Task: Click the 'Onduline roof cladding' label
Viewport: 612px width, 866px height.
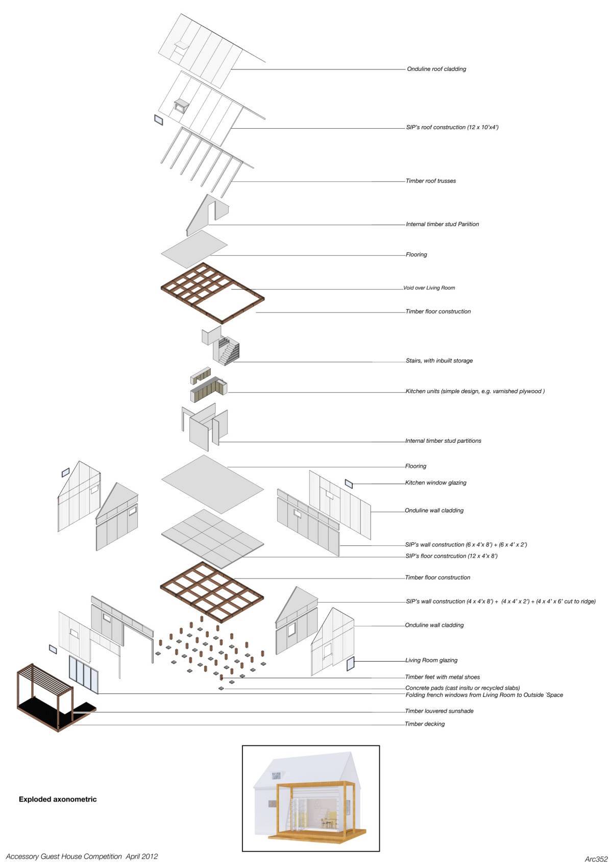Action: click(436, 69)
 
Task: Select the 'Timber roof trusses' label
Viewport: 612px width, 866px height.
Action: click(431, 181)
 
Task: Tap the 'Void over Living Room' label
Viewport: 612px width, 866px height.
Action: click(429, 288)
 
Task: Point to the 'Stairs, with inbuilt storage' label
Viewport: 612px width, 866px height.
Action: click(439, 360)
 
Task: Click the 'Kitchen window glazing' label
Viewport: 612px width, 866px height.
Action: click(436, 483)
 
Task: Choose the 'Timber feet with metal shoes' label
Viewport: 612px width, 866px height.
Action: click(443, 677)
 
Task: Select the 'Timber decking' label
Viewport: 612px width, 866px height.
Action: click(425, 724)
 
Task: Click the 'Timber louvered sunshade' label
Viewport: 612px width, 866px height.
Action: click(439, 711)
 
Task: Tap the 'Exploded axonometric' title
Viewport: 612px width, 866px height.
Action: click(58, 800)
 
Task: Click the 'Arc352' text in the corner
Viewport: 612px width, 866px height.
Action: click(596, 859)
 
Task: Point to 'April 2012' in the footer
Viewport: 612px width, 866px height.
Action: click(142, 856)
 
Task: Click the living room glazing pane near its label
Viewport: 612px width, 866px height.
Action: click(350, 664)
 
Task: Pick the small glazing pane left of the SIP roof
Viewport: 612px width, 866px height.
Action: click(158, 120)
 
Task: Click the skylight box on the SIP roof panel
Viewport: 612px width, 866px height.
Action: click(181, 106)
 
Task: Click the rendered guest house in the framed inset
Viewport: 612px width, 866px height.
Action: click(310, 799)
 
